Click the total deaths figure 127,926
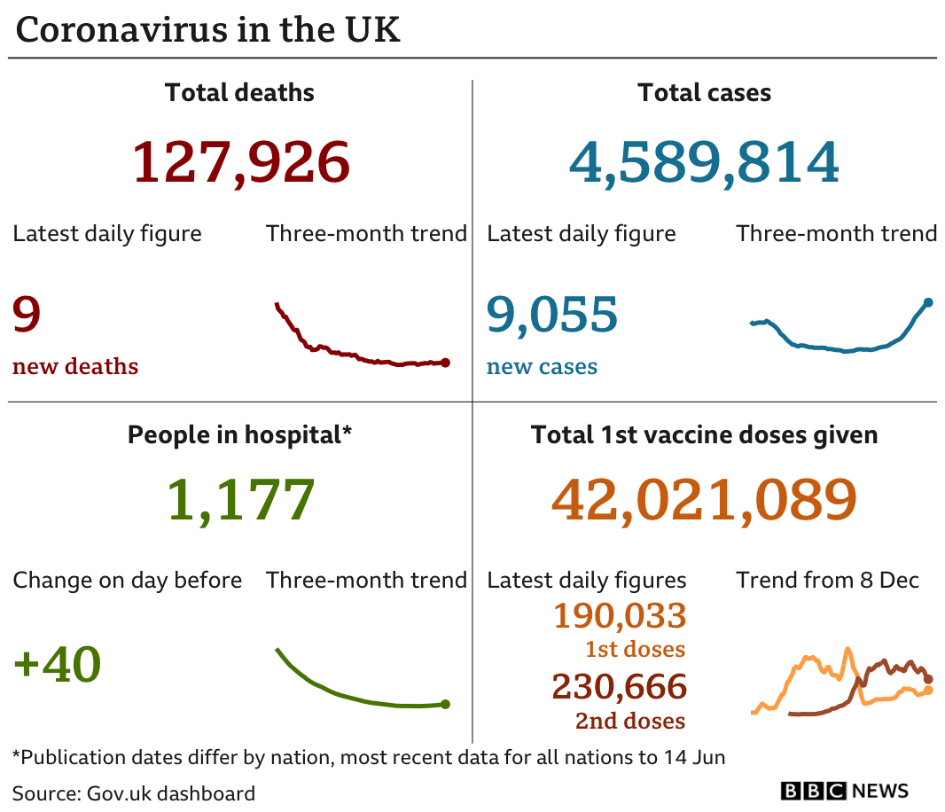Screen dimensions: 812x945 (240, 163)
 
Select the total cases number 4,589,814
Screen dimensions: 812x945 (704, 163)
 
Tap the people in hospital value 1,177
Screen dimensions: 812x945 (240, 499)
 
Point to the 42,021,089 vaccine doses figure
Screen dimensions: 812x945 (704, 499)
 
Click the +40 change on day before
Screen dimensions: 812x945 (58, 664)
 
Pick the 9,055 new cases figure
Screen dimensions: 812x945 (551, 315)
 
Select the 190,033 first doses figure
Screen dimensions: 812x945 (620, 615)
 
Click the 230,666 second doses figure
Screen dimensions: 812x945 (619, 687)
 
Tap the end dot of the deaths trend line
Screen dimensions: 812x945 (445, 363)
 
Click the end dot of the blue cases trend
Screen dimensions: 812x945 (928, 303)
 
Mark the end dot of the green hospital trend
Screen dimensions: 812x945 (445, 705)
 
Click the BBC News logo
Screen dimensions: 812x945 (844, 791)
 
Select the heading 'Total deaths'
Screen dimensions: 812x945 (239, 92)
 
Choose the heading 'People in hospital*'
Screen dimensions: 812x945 (239, 435)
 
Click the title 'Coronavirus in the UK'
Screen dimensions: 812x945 (208, 30)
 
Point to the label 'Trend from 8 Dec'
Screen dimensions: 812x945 (827, 581)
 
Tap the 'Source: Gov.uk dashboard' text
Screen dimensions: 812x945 (134, 792)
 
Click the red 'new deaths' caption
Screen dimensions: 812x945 (75, 367)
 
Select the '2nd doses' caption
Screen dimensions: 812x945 (630, 721)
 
